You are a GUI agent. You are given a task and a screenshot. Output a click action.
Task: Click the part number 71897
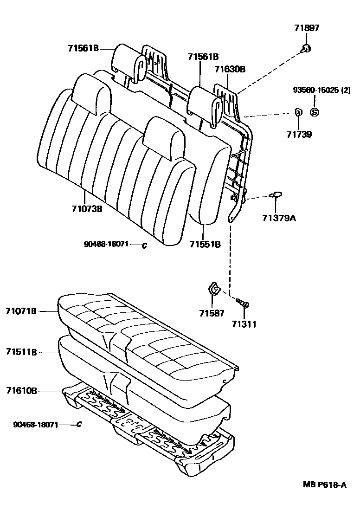[x=307, y=29]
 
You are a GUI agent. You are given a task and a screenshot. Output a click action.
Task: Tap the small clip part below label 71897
[x=306, y=48]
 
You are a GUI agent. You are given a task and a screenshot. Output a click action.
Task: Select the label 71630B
[x=230, y=69]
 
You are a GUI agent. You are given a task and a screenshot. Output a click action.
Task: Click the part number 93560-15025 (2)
[x=321, y=90]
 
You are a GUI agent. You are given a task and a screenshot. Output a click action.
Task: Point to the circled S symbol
[x=314, y=112]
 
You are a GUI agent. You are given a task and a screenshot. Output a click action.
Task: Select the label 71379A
[x=279, y=217]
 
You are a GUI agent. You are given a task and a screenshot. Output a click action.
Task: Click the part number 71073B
[x=87, y=208]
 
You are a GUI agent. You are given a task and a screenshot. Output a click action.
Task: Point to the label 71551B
[x=205, y=244]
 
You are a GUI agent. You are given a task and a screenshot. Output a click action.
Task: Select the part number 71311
[x=244, y=324]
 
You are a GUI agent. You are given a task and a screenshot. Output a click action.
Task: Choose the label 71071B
[x=21, y=310]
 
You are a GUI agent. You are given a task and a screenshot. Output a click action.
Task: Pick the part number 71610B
[x=21, y=391]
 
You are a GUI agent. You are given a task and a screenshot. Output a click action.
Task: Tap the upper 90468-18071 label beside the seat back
[x=106, y=244]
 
